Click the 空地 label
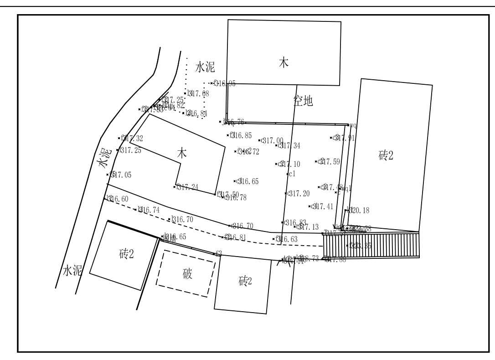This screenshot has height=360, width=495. [x=303, y=102]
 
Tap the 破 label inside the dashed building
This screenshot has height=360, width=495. [x=187, y=274]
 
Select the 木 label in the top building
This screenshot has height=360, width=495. [x=284, y=63]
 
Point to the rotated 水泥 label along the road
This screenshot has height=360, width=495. [x=104, y=158]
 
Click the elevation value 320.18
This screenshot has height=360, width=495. [x=359, y=211]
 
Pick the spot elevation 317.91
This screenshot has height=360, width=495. [x=345, y=138]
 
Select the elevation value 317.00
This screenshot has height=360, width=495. [x=273, y=141]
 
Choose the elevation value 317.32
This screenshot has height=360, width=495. [x=132, y=138]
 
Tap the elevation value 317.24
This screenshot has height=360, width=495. [x=188, y=187]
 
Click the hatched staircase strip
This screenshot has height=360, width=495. [x=371, y=246]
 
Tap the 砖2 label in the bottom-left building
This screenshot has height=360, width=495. [x=126, y=254]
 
